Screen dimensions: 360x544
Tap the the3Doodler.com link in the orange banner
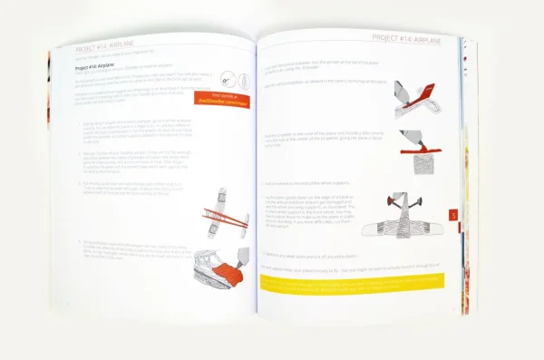pyautogui.click(x=222, y=102)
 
